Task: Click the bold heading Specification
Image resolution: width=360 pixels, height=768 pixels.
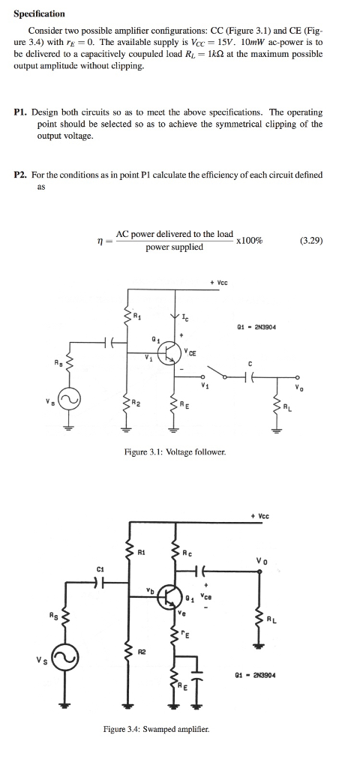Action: click(40, 13)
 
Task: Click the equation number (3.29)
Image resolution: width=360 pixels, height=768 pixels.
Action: click(310, 241)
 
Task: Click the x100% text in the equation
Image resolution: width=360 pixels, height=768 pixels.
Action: click(248, 241)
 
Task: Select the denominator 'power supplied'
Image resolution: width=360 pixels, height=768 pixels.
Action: click(174, 247)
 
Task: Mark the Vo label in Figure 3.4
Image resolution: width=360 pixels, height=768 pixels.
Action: click(261, 559)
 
